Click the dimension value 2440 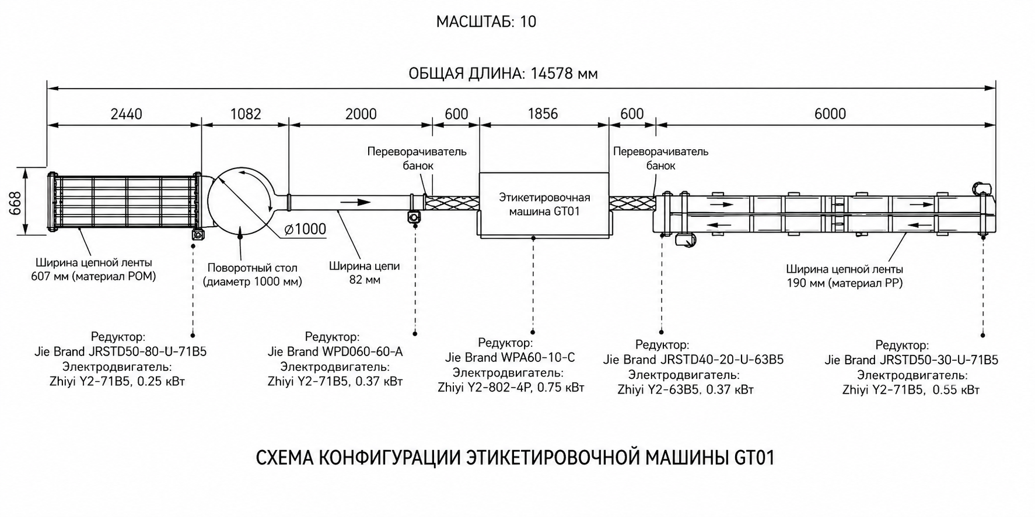(126, 114)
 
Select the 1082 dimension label (246, 114)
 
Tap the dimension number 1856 (543, 114)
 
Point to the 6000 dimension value (830, 114)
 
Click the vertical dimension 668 (15, 202)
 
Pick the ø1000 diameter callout (305, 229)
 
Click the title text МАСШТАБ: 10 (486, 22)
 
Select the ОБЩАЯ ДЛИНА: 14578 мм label (503, 73)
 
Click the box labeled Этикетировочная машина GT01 (544, 205)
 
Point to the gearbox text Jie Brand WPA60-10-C (510, 357)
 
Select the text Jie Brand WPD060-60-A (335, 351)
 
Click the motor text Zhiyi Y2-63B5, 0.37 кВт (686, 389)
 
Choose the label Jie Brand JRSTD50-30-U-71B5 (911, 360)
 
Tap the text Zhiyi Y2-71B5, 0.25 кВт (118, 382)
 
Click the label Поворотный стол (253, 268)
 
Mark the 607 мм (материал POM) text (94, 276)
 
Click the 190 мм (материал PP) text (844, 283)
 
